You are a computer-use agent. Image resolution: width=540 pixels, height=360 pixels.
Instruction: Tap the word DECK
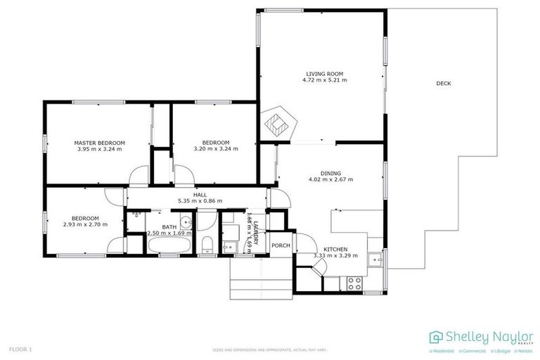point(443,84)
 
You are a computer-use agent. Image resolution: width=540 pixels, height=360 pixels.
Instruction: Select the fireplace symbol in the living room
point(278,124)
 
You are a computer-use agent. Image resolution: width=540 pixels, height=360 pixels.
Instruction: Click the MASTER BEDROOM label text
point(99,143)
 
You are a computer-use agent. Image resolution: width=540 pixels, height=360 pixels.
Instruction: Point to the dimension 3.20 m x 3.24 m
point(216,149)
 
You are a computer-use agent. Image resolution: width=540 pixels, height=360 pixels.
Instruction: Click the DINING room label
point(330,173)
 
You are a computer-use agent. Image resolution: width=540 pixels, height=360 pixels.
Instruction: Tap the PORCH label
point(281,245)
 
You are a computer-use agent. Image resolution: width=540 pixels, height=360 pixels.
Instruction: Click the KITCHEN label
point(335,250)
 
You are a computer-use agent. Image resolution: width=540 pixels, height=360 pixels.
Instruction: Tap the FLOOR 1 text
point(20,349)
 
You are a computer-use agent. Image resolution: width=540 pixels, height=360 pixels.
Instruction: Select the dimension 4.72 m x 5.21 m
point(324,80)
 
